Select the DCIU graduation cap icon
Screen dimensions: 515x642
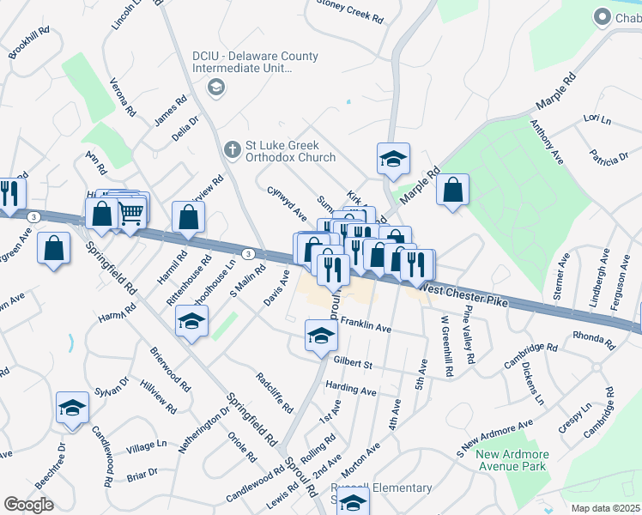(215, 87)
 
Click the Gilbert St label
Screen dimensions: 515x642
(353, 365)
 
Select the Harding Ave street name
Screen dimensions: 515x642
(351, 390)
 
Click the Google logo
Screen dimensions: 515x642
(28, 505)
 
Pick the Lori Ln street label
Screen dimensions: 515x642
(596, 118)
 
